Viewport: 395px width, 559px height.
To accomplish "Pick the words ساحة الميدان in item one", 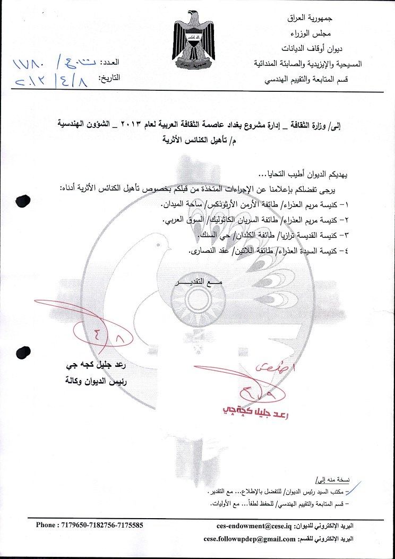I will pyautogui.click(x=178, y=204).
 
